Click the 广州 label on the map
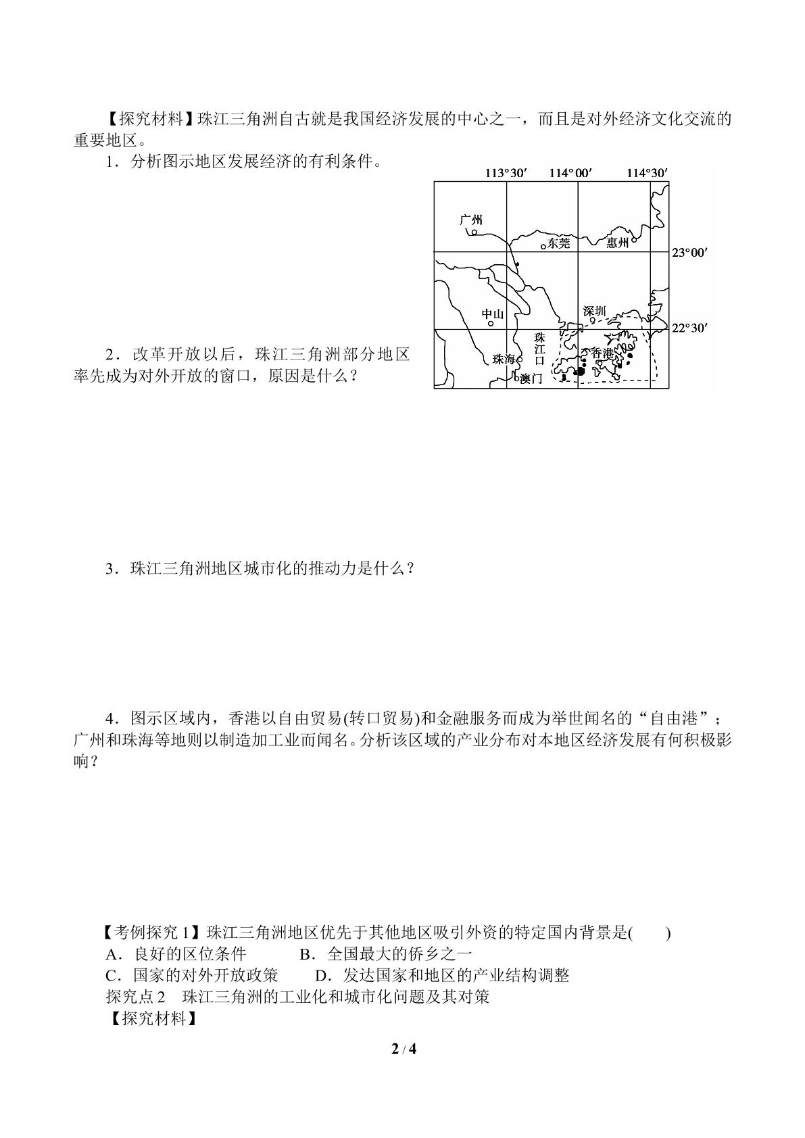pyautogui.click(x=470, y=220)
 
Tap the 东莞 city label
pyautogui.click(x=559, y=243)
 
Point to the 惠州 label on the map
pyautogui.click(x=618, y=243)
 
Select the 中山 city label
pyautogui.click(x=493, y=314)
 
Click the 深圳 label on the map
pyautogui.click(x=595, y=311)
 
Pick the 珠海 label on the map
pyautogui.click(x=504, y=360)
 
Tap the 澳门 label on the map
pyautogui.click(x=531, y=378)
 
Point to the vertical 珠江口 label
pyautogui.click(x=539, y=349)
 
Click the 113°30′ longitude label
pyautogui.click(x=506, y=173)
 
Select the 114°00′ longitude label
pyautogui.click(x=570, y=173)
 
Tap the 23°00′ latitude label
pyautogui.click(x=689, y=253)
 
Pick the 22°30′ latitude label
pyautogui.click(x=689, y=328)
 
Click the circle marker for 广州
pyautogui.click(x=474, y=232)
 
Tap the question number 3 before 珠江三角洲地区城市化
pyautogui.click(x=109, y=569)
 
